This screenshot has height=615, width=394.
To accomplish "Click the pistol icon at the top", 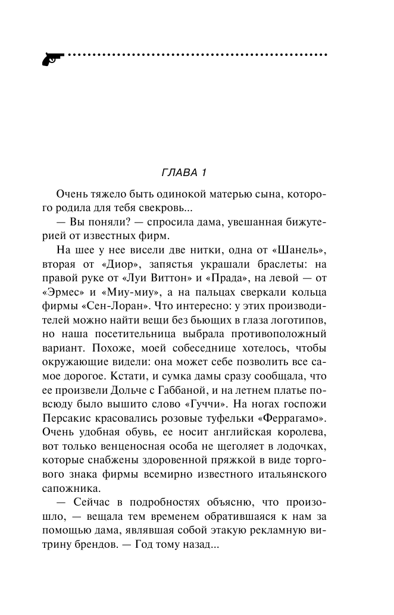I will point(52,58).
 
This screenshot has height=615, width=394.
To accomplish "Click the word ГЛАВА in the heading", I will point(179,173).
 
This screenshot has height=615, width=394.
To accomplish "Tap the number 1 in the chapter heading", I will point(203,173).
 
